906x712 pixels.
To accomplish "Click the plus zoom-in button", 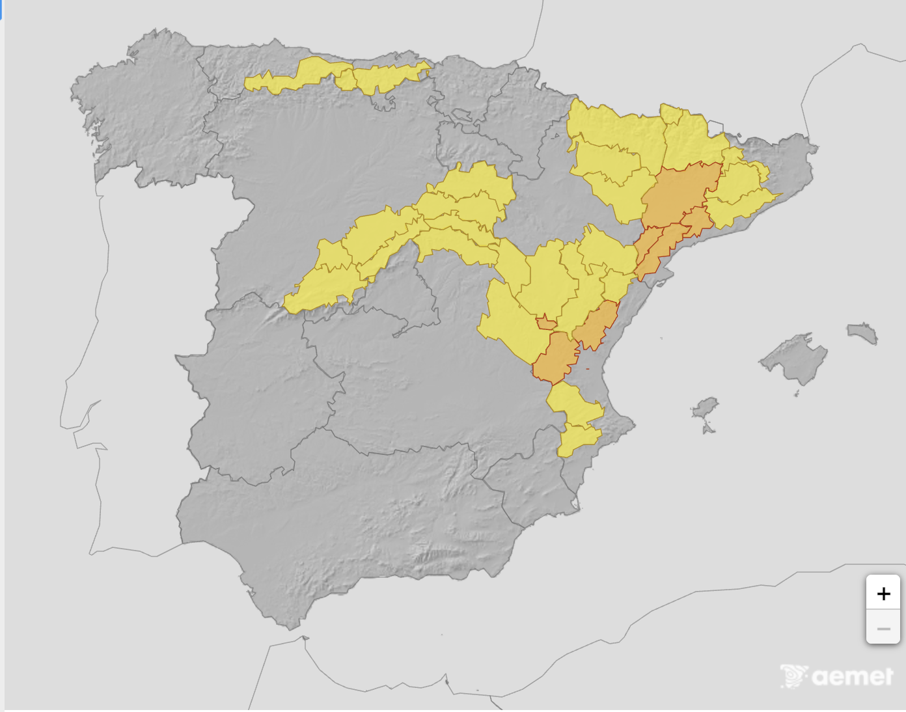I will [883, 593].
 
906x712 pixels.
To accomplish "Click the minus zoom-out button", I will [883, 628].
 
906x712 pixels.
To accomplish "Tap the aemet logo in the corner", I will [837, 676].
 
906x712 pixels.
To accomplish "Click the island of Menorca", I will [863, 332].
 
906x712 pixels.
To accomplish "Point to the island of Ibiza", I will [704, 408].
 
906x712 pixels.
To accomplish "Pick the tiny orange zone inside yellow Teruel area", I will [545, 323].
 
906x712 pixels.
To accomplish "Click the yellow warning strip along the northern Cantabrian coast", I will [338, 75].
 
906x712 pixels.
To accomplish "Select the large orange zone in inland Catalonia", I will [680, 192].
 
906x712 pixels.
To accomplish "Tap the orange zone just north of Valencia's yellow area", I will [555, 358].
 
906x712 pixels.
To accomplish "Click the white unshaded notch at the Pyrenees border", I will [715, 127].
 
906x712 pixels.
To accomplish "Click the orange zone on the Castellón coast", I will [596, 325].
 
